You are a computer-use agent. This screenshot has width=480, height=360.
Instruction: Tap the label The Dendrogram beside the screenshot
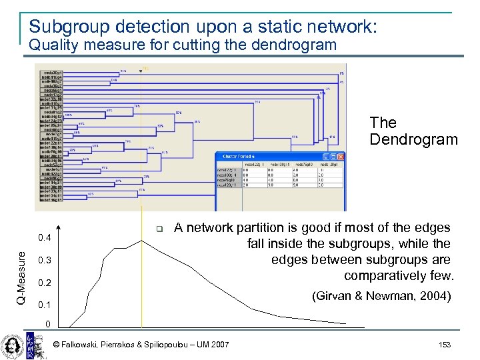pyautogui.click(x=413, y=131)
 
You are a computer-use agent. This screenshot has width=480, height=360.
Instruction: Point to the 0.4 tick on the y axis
pyautogui.click(x=46, y=237)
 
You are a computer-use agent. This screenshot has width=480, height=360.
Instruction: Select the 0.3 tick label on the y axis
pyautogui.click(x=46, y=260)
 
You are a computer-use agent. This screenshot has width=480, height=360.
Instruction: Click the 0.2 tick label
pyautogui.click(x=46, y=283)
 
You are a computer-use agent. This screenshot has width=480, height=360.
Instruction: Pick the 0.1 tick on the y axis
pyautogui.click(x=46, y=305)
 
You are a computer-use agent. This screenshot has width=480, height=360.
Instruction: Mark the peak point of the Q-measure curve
pyautogui.click(x=142, y=240)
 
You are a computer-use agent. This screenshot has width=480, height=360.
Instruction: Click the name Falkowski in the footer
pyautogui.click(x=83, y=344)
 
